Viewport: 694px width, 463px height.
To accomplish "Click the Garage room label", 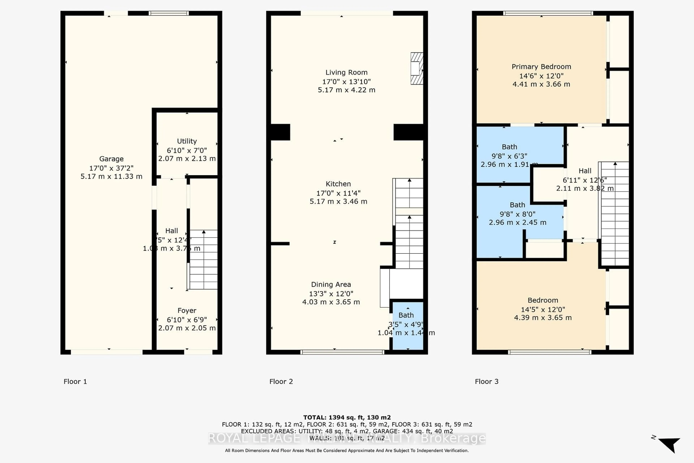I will point(111,159).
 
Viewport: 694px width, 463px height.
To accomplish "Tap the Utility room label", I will point(187,141).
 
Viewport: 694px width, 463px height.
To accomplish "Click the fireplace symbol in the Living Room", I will point(416,69).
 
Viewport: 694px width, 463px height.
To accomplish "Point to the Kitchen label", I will point(338,184).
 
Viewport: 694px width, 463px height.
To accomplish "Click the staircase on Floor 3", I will point(615,214).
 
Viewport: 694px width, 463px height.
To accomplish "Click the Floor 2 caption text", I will point(281,381).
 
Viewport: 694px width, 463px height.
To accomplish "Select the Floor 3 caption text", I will point(487,381).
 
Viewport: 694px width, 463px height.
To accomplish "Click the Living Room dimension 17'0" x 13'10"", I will point(346,82).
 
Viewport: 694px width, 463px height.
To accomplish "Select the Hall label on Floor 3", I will point(585,171).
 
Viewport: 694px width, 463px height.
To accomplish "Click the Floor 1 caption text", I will point(75,381).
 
